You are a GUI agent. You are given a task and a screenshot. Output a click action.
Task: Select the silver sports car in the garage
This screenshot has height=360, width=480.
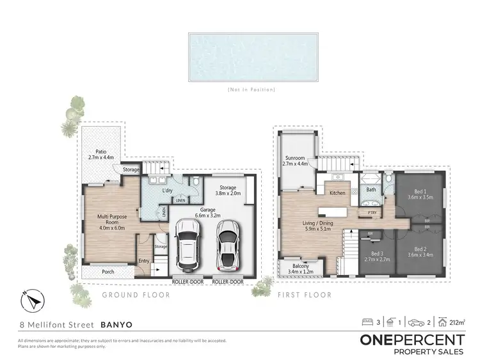(227, 246)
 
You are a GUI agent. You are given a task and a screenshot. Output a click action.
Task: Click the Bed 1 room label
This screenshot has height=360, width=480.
(420, 194)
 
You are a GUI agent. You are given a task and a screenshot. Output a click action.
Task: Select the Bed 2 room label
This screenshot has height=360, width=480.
(420, 252)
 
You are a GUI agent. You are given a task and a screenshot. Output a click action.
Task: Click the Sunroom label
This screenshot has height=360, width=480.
(295, 160)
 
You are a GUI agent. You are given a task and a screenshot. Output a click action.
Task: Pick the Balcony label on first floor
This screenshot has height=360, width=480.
(298, 269)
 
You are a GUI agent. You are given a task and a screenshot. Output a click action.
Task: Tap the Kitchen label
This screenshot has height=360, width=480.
(337, 192)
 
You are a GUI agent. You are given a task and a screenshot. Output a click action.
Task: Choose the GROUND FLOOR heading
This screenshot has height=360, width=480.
(136, 295)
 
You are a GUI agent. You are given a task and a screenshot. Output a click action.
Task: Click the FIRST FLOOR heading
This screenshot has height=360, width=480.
(305, 295)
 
